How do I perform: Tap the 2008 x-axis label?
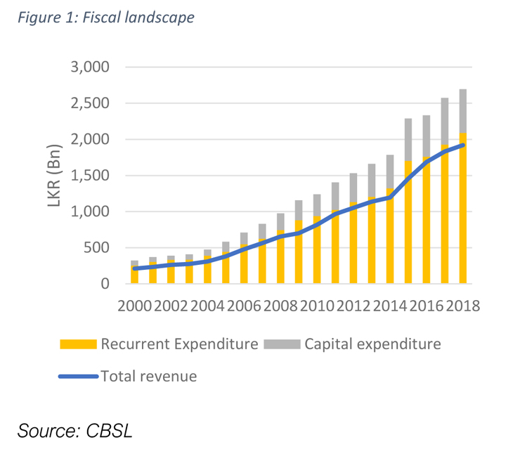click(280, 306)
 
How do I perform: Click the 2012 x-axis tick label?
click(353, 306)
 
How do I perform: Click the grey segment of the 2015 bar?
click(408, 140)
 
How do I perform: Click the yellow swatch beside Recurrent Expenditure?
click(78, 344)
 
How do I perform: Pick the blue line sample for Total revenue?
click(78, 376)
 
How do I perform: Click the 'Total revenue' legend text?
click(149, 376)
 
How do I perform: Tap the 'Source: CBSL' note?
click(75, 430)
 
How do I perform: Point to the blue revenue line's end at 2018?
click(463, 145)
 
